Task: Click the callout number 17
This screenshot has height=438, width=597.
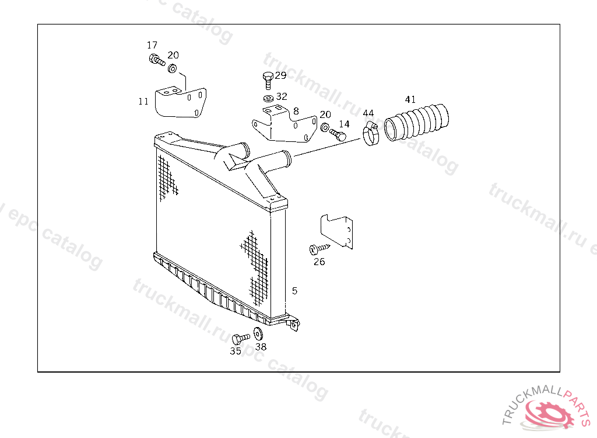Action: click(x=152, y=45)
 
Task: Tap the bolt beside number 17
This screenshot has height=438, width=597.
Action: click(x=156, y=59)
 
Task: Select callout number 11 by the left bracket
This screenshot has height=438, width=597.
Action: click(x=143, y=101)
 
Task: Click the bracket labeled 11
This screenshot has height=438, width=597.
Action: click(x=180, y=102)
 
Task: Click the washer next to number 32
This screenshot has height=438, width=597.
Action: click(x=268, y=98)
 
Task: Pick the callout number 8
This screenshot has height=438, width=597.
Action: click(x=296, y=110)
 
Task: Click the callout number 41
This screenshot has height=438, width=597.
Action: click(x=410, y=100)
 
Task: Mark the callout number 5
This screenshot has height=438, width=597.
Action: click(x=294, y=290)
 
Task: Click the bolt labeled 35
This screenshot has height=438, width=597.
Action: click(x=239, y=339)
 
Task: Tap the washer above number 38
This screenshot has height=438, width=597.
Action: click(x=258, y=334)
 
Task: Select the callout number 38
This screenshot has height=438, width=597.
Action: click(x=261, y=346)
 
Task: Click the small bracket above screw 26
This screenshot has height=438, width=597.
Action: click(x=338, y=231)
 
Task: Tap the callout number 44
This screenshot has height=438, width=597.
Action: click(x=368, y=113)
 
